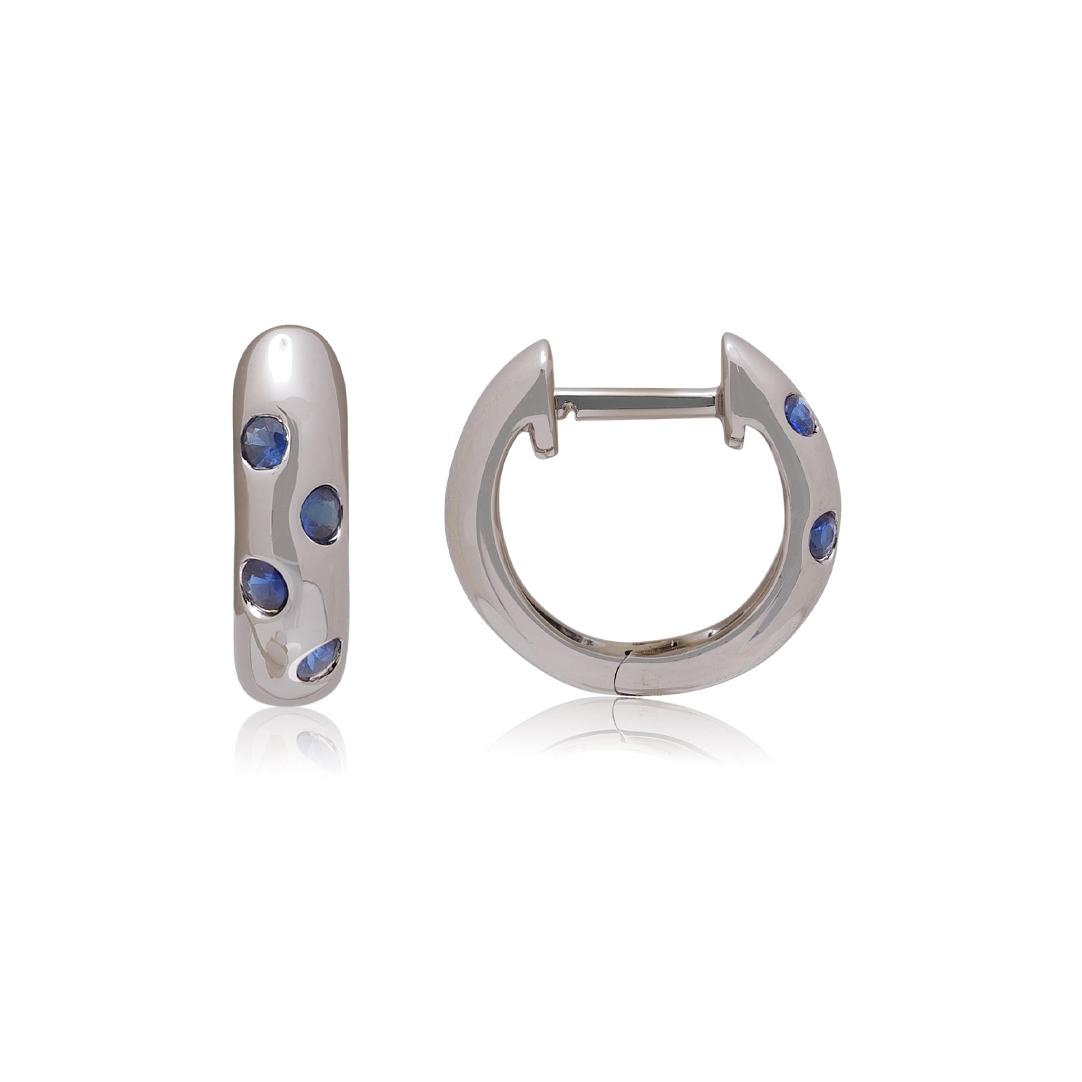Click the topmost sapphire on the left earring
tap(265, 441)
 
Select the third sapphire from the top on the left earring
tap(265, 584)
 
